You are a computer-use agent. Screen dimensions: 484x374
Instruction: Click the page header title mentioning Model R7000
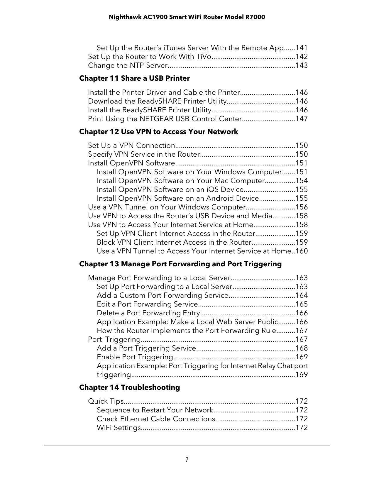[187, 17]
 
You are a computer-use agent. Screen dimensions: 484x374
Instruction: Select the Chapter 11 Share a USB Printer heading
[134, 78]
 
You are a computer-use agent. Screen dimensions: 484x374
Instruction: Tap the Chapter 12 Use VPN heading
[158, 132]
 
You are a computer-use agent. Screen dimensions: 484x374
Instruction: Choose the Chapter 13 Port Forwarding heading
[180, 264]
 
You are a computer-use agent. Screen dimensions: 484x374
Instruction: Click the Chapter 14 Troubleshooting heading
[129, 387]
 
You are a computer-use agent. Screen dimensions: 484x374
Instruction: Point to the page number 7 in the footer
[187, 459]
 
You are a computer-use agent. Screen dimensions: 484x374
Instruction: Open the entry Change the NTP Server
[128, 65]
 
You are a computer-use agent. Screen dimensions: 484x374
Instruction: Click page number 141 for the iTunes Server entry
[302, 48]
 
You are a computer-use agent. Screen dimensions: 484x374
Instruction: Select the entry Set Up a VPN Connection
[131, 145]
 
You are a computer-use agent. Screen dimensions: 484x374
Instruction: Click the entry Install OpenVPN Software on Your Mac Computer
[180, 181]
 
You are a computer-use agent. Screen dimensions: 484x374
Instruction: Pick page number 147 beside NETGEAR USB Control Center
[302, 119]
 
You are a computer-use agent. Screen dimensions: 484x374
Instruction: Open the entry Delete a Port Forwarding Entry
[148, 313]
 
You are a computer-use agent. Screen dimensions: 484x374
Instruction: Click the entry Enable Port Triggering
[134, 357]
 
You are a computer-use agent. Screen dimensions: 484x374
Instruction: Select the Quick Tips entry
[106, 401]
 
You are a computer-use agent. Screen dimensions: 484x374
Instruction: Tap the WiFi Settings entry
[119, 428]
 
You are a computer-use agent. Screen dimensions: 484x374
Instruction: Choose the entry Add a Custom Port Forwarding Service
[162, 295]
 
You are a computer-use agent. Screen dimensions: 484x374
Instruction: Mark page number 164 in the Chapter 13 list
[302, 295]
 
